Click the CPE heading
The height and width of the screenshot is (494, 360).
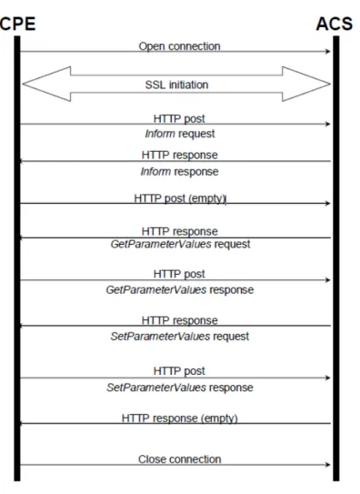[x=17, y=24]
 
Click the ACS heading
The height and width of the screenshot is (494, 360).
[x=335, y=24]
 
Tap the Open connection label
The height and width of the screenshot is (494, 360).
[x=179, y=46]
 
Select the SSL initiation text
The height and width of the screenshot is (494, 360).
[x=176, y=85]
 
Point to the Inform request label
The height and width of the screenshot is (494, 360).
[x=180, y=134]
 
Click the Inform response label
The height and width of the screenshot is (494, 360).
[x=179, y=172]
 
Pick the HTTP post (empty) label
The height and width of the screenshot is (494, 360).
[x=180, y=198]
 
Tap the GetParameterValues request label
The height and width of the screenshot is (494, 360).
[x=180, y=244]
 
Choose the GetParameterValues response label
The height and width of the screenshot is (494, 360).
[x=180, y=290]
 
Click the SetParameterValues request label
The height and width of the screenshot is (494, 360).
[x=180, y=337]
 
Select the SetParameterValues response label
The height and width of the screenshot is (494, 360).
[x=180, y=388]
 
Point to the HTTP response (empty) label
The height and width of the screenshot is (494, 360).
[x=180, y=418]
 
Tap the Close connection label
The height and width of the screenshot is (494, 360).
[x=179, y=459]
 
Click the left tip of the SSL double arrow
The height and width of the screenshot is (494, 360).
[x=23, y=84]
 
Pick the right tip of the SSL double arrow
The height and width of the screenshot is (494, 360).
[x=330, y=84]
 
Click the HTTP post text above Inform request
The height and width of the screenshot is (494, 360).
[x=179, y=119]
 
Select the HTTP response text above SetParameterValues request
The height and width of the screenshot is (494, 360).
[x=180, y=320]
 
